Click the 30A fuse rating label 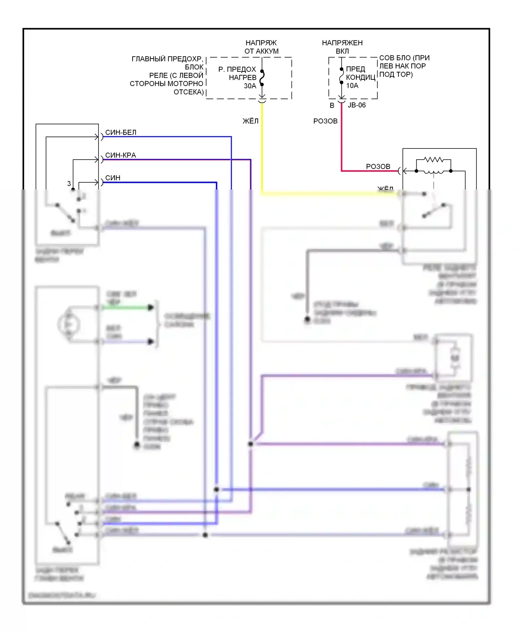pos(250,86)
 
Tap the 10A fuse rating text pos(352,85)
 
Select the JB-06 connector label pos(357,105)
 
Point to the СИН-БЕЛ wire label pos(121,132)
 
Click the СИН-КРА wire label pos(120,155)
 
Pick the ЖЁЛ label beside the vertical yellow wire pos(250,121)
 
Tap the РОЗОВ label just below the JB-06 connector pos(325,121)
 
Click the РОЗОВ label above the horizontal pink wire pos(378,166)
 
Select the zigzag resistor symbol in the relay pos(433,160)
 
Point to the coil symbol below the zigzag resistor pos(433,172)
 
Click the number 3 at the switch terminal pos(69,183)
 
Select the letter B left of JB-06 pos(332,105)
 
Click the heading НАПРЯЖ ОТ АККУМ pos(261,47)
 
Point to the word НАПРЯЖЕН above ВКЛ pos(342,43)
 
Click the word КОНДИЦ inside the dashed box pos(361,77)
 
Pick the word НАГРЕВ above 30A pos(243,77)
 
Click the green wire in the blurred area pos(125,307)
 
